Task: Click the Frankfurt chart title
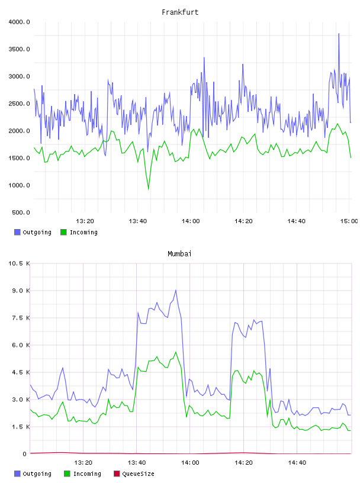click(x=180, y=12)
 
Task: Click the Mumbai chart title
click(x=179, y=253)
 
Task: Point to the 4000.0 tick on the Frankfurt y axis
click(x=19, y=22)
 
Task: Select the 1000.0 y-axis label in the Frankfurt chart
click(x=19, y=185)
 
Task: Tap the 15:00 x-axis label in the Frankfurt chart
click(x=349, y=221)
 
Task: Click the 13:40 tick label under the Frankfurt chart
click(x=138, y=221)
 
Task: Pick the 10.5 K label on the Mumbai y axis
click(x=19, y=263)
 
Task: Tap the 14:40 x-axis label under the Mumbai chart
click(x=297, y=462)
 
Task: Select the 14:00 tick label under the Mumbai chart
click(x=190, y=462)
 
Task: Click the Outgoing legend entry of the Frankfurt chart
click(x=33, y=232)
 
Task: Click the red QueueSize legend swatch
click(x=117, y=474)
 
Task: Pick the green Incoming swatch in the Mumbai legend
click(x=67, y=474)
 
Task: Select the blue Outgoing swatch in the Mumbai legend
click(x=17, y=474)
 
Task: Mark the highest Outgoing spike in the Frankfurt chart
click(x=339, y=34)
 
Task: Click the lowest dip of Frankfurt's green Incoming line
click(x=149, y=189)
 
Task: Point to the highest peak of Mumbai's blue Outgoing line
click(x=176, y=290)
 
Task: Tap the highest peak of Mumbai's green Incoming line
click(x=176, y=352)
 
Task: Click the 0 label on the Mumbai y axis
click(x=25, y=454)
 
